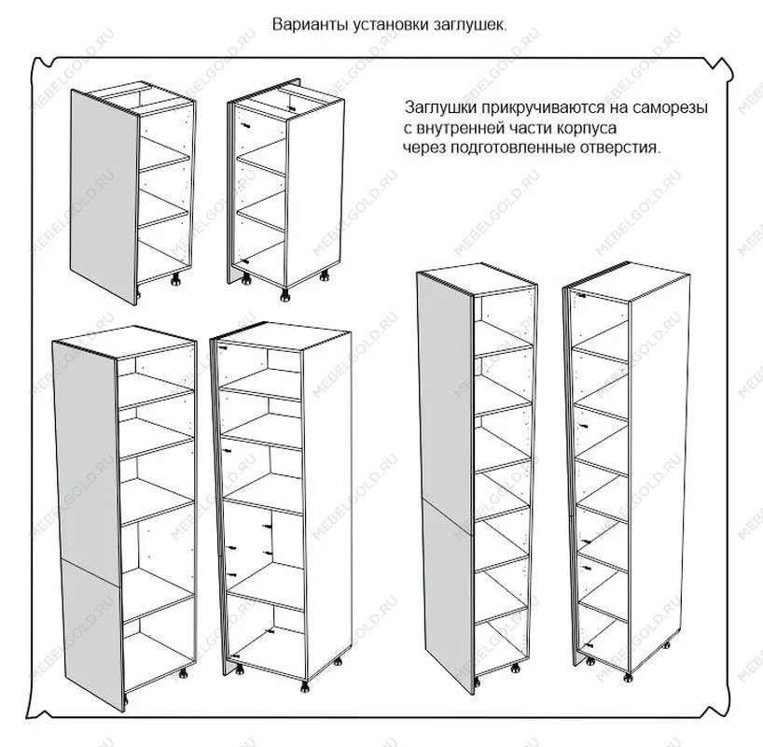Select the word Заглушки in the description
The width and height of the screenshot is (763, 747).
tap(437, 108)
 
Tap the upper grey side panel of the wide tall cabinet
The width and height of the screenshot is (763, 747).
tap(85, 458)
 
